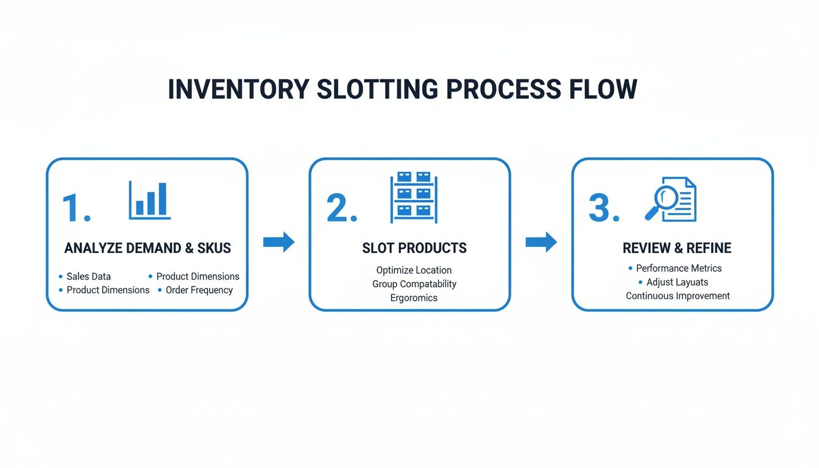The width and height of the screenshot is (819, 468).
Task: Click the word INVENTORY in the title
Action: (x=238, y=90)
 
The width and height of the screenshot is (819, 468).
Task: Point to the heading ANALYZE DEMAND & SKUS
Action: (x=147, y=248)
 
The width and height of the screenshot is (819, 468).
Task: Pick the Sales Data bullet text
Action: (x=88, y=277)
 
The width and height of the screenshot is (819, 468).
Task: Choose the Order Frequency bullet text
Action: (x=199, y=290)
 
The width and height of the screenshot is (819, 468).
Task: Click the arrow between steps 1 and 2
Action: (x=278, y=242)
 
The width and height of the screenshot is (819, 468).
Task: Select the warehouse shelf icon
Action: (x=414, y=196)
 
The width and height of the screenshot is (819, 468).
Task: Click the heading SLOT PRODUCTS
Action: (x=414, y=248)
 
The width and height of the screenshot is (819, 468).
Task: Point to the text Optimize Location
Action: (x=414, y=270)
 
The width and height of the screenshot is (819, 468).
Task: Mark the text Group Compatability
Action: (x=414, y=284)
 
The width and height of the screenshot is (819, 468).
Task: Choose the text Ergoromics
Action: (x=414, y=298)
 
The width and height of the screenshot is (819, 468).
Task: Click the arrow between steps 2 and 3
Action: (x=541, y=242)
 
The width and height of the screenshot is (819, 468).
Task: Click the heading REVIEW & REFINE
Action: (x=677, y=248)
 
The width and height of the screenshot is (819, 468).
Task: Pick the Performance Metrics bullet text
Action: (x=679, y=268)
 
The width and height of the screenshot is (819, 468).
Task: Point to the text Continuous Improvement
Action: (x=678, y=296)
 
